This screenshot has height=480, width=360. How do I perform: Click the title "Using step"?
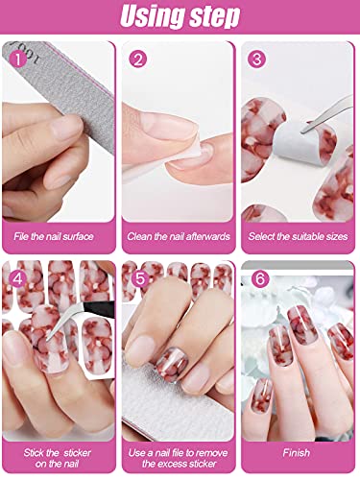tap(180, 17)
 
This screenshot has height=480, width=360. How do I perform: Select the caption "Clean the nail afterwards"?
tap(179, 235)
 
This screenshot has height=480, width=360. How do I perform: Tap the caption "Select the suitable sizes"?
tap(299, 235)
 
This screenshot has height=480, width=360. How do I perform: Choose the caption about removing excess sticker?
tap(179, 457)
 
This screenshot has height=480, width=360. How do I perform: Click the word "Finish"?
tap(299, 451)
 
